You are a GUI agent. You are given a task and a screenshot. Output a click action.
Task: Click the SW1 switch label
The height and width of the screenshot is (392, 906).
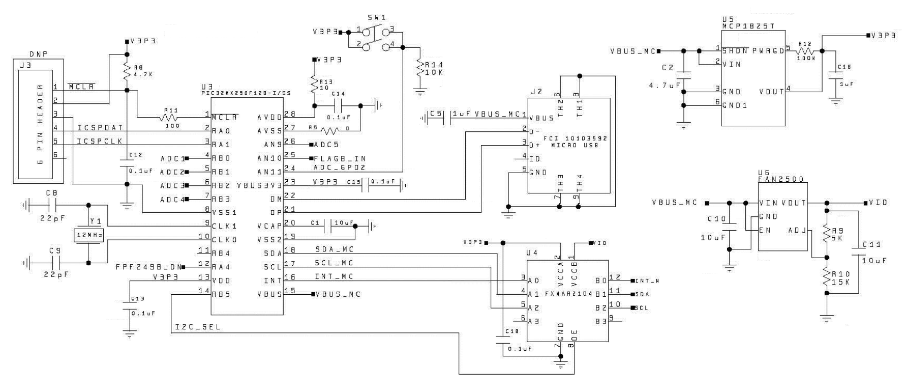click(376, 17)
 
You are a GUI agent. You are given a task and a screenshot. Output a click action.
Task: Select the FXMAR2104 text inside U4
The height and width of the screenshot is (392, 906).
click(568, 294)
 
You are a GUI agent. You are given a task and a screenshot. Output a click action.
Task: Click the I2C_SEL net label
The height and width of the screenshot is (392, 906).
click(198, 327)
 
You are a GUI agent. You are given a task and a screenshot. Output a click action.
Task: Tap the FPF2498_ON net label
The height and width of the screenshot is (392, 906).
click(147, 267)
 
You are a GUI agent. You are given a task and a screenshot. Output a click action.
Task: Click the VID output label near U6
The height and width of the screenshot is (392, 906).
click(879, 203)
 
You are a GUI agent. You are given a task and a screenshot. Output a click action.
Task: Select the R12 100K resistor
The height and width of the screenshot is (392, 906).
click(806, 51)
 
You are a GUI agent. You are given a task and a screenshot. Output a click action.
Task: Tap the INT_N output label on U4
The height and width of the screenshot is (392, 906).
click(647, 281)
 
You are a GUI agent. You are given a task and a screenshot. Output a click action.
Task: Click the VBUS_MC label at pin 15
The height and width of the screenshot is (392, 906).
click(338, 294)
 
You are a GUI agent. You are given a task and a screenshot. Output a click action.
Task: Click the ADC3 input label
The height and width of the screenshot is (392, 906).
click(172, 186)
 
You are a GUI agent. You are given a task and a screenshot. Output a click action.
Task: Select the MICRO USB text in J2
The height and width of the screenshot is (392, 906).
click(575, 146)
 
